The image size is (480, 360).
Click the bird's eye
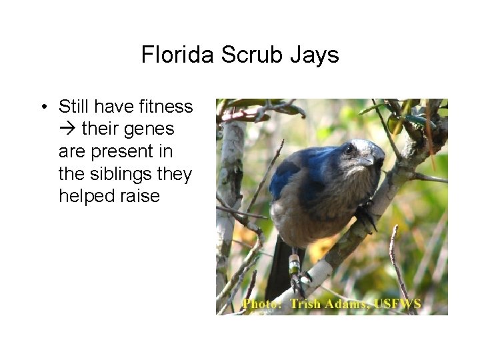349,149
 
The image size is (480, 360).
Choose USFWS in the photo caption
397,304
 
